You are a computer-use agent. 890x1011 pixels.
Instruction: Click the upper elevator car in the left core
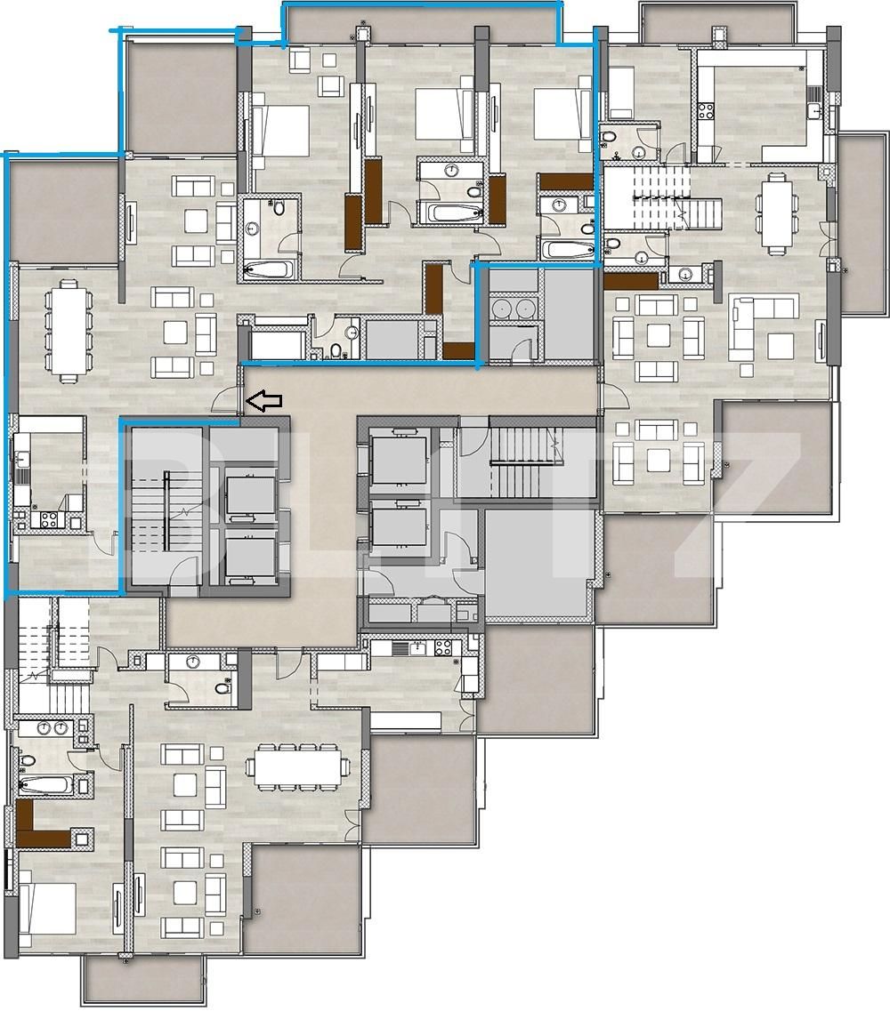tap(252, 496)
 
